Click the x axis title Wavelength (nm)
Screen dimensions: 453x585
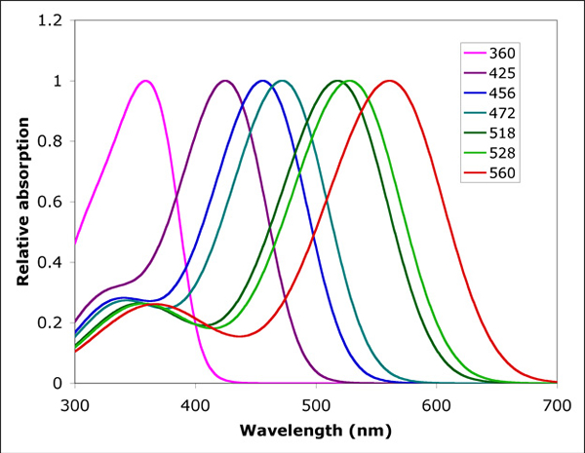tap(316, 430)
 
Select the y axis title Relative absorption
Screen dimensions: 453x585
tap(21, 202)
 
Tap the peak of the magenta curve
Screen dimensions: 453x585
tap(146, 81)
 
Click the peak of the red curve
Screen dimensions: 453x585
tap(389, 81)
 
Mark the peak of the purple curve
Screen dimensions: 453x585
tap(225, 81)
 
